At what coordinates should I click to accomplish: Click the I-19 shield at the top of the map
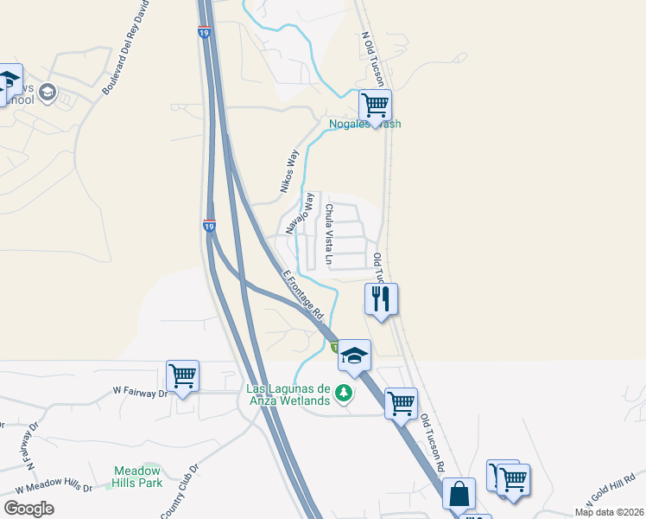click(x=204, y=33)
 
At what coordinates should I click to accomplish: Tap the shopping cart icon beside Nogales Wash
click(x=375, y=105)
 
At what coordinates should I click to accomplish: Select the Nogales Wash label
click(x=365, y=124)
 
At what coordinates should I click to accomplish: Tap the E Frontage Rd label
click(x=302, y=293)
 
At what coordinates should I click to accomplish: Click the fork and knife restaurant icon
click(x=381, y=299)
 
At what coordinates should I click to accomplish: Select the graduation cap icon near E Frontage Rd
click(x=353, y=355)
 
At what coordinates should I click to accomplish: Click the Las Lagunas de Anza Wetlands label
click(x=289, y=394)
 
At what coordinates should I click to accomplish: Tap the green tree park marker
click(x=345, y=394)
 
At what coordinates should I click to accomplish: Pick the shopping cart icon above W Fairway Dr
click(x=182, y=376)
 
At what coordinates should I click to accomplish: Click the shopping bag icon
click(x=459, y=494)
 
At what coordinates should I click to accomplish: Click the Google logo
click(x=28, y=509)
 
